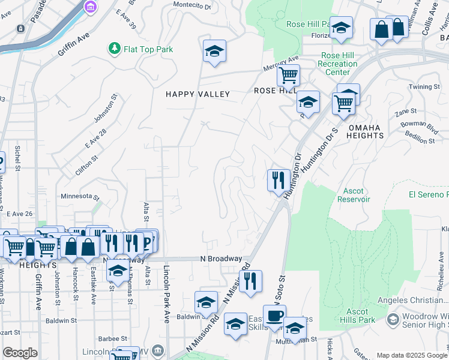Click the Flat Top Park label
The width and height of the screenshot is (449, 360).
coord(147,49)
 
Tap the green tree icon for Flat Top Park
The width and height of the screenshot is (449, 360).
coord(113,48)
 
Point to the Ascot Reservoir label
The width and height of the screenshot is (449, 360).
coord(354,195)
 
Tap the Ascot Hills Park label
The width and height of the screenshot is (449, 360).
coord(357,315)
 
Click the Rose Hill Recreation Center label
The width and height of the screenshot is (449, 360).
coord(337,64)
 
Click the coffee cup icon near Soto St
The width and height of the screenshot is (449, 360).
coord(274,316)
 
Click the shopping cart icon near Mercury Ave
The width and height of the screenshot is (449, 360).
coord(288,76)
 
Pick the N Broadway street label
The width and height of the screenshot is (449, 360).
coord(221,259)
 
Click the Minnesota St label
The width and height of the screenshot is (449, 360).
coord(79,196)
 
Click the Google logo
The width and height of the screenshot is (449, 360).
coord(20,353)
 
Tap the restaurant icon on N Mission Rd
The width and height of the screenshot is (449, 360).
coord(250,280)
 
